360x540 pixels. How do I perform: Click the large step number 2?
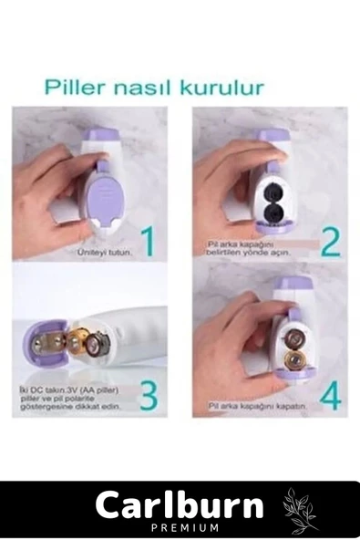330,242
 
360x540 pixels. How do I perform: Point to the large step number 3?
149,396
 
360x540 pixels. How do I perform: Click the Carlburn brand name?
179,504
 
